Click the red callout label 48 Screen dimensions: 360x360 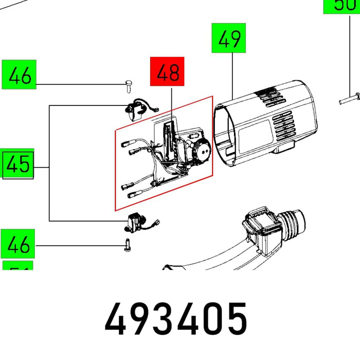pos(167,73)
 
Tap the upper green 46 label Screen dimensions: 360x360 pos(19,76)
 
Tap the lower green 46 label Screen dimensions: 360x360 pos(19,245)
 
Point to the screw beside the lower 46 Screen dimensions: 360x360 pos(127,246)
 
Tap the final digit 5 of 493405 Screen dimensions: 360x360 pos(235,320)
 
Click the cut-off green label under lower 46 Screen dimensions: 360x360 pos(19,266)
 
